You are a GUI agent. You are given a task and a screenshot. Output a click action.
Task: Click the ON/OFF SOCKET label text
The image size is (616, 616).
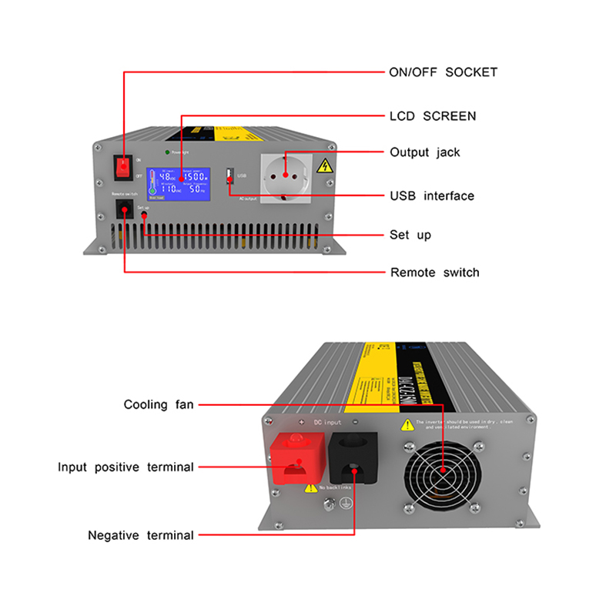tap(443, 72)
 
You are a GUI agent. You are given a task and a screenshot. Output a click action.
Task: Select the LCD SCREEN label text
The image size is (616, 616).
tap(433, 116)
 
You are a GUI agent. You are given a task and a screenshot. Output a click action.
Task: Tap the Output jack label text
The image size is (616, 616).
tap(424, 152)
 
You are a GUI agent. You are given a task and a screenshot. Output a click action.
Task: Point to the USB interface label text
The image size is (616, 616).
tap(432, 196)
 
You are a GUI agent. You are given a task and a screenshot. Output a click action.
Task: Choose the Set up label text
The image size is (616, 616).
tap(410, 235)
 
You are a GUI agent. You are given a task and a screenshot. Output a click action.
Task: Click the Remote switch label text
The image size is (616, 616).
tap(434, 273)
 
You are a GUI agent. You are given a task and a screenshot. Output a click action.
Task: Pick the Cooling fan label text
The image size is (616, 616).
tap(159, 404)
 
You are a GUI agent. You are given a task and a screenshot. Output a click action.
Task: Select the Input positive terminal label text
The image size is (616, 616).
tap(126, 467)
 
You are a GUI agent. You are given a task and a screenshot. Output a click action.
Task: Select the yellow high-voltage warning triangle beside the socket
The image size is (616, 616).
tap(325, 166)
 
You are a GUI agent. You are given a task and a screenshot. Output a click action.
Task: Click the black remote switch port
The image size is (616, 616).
tap(124, 209)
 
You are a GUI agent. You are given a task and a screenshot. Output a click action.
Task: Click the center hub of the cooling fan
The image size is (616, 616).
tap(444, 470)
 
